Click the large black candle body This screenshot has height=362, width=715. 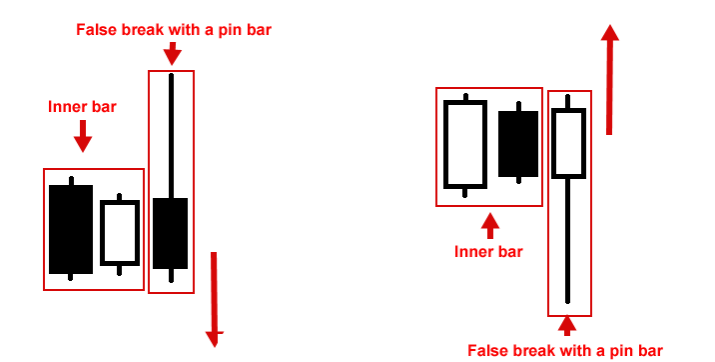click(71, 229)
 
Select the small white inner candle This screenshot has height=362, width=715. click(120, 233)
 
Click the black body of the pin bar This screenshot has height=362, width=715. click(171, 233)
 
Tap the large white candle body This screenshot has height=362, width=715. click(465, 144)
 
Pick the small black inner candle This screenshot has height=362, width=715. click(518, 143)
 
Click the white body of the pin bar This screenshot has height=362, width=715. click(567, 143)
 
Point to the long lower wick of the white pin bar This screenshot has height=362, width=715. click(567, 240)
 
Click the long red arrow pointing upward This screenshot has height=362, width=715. click(609, 80)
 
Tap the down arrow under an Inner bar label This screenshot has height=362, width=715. click(83, 136)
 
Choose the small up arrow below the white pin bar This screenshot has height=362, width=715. click(567, 325)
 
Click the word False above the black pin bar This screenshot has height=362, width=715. click(97, 29)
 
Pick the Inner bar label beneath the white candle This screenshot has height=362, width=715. click(489, 252)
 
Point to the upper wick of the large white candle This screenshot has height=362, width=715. click(465, 97)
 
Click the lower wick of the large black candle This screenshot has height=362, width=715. click(70, 277)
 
